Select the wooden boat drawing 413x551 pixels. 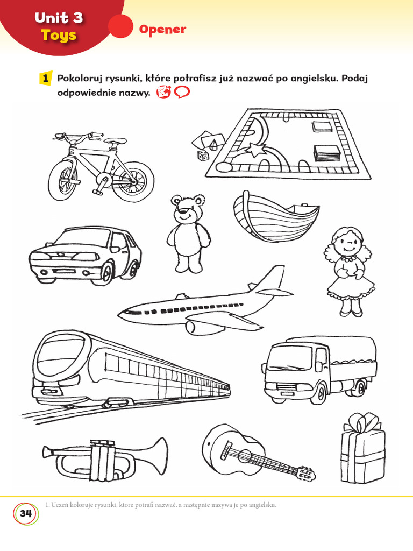click(274, 217)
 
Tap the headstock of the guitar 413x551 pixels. click(305, 474)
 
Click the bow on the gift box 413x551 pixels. click(362, 423)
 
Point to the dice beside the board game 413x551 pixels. click(203, 156)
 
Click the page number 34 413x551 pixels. click(25, 513)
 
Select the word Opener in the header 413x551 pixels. click(162, 30)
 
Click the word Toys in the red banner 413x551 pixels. click(59, 36)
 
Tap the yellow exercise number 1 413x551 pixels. click(47, 79)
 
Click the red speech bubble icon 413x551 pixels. click(182, 93)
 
